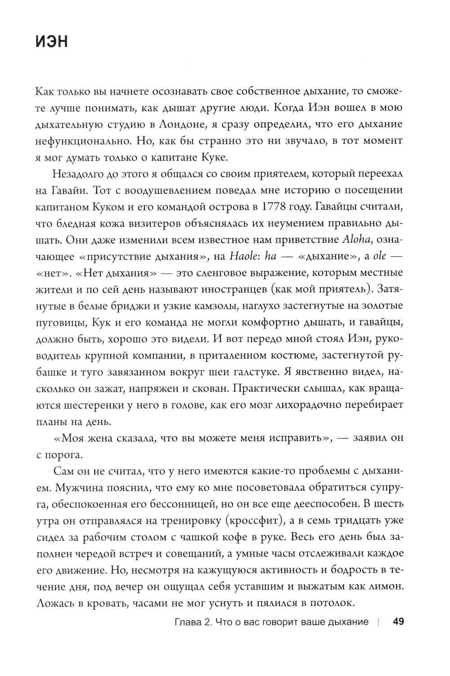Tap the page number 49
[x=399, y=622]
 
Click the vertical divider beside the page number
[x=379, y=622]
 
